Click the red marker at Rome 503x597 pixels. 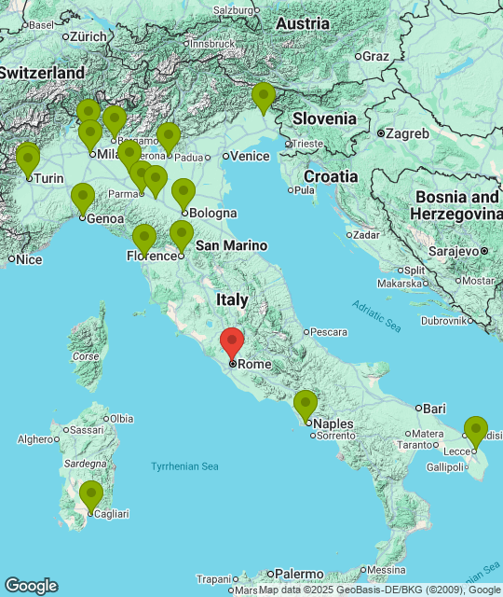pyautogui.click(x=231, y=342)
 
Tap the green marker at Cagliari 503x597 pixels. pyautogui.click(x=90, y=494)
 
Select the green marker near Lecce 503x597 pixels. pyautogui.click(x=476, y=430)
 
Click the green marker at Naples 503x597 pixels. pyautogui.click(x=306, y=404)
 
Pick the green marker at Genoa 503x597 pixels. pyautogui.click(x=83, y=198)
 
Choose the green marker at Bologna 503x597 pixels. pyautogui.click(x=184, y=192)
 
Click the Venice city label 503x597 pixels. pyautogui.click(x=249, y=157)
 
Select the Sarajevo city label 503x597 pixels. pyautogui.click(x=459, y=251)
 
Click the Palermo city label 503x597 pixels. pyautogui.click(x=297, y=574)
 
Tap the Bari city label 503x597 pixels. pyautogui.click(x=434, y=409)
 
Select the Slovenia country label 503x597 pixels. pyautogui.click(x=324, y=118)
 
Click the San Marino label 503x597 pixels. pyautogui.click(x=231, y=245)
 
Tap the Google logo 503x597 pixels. pyautogui.click(x=31, y=585)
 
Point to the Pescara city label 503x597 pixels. pyautogui.click(x=328, y=331)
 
